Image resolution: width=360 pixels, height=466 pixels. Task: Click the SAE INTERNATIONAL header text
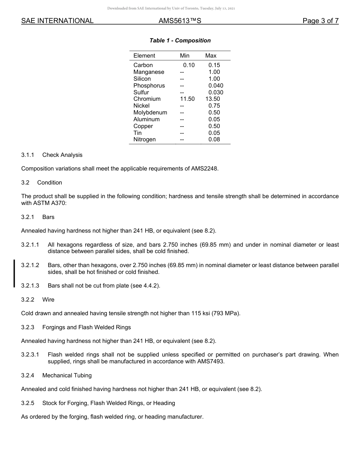tap(57, 21)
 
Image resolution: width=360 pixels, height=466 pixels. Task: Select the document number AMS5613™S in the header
tap(180, 21)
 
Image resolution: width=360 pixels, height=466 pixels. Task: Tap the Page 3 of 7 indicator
tap(320, 21)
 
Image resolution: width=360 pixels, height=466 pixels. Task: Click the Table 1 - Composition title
tap(180, 41)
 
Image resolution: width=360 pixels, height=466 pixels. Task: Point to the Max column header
tap(211, 56)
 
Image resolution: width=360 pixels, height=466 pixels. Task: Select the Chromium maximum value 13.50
tap(213, 99)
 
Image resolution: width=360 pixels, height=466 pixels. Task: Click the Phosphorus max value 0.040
tap(216, 86)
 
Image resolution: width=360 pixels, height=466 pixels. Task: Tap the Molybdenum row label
tap(150, 113)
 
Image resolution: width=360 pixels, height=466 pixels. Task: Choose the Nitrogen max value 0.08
tap(214, 139)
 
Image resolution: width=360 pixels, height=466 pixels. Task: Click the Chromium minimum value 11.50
tap(187, 99)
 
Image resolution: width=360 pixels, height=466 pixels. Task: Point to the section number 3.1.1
tap(28, 155)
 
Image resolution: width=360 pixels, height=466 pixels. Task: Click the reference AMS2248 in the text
tap(204, 169)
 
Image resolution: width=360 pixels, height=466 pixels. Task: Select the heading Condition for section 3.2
tap(50, 183)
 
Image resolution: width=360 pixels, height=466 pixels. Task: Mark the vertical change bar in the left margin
tap(14, 273)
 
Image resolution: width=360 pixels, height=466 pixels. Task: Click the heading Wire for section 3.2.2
tap(48, 300)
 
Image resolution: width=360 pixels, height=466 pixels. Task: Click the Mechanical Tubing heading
tap(67, 375)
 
